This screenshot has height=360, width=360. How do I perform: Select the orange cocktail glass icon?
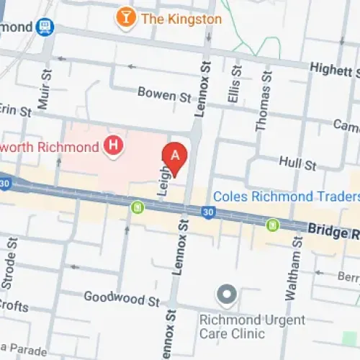pos(126,17)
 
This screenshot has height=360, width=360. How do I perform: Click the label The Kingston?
pos(181,19)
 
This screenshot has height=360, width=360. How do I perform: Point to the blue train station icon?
pos(45,27)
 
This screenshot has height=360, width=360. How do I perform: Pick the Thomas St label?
pos(264,101)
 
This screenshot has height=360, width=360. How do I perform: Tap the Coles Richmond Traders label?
pos(284,197)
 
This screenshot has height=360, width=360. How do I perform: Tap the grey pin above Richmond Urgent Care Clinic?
pos(228,294)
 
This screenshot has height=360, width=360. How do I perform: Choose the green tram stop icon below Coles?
pos(272,225)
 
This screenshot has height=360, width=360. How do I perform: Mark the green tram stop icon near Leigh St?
pos(137,207)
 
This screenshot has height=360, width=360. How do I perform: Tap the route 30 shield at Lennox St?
pos(208,212)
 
